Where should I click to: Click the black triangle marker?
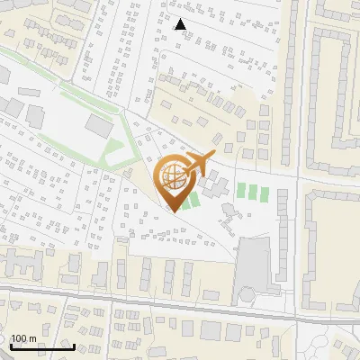tap(181, 24)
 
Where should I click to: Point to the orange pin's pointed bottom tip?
tap(175, 211)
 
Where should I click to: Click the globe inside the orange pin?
tap(174, 176)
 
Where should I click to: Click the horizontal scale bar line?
tap(41, 347)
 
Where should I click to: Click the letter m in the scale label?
tap(32, 338)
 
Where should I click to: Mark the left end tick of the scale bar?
tap(10, 346)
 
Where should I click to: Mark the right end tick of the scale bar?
tap(74, 346)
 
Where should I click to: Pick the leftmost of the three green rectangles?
tap(240, 192)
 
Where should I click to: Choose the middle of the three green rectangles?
tap(252, 192)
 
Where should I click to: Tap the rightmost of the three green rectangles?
tap(264, 192)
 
